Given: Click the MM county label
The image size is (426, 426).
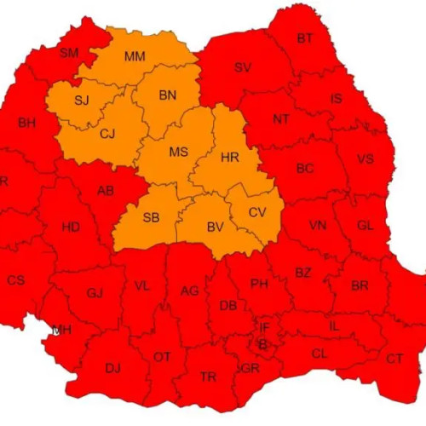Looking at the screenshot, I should click(x=134, y=57).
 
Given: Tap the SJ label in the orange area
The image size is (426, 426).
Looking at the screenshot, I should click(x=81, y=101).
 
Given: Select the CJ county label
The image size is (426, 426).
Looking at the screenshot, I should click(x=107, y=133).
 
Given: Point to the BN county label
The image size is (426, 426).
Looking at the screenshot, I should click(x=168, y=96).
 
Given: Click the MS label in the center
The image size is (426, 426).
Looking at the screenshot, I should click(x=178, y=152).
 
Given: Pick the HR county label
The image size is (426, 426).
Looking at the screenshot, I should click(x=229, y=158).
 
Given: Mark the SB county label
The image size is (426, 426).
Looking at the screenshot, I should click(x=151, y=217).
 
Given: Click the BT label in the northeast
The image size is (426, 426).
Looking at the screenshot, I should click(x=304, y=38).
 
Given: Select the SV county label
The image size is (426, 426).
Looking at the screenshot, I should click(x=243, y=67).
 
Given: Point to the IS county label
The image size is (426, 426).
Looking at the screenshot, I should click(x=337, y=100).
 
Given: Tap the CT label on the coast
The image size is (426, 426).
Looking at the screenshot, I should click(x=394, y=359).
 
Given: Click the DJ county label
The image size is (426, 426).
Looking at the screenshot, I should click(x=112, y=368).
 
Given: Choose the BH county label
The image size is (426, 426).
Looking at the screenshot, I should click(x=26, y=123).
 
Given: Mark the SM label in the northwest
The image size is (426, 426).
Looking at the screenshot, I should click(x=69, y=53).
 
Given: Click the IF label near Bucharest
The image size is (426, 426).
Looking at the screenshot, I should click(x=264, y=326).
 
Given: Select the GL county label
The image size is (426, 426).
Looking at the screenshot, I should click(x=366, y=226).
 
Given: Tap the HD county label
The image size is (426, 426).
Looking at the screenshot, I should click(x=72, y=227).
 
